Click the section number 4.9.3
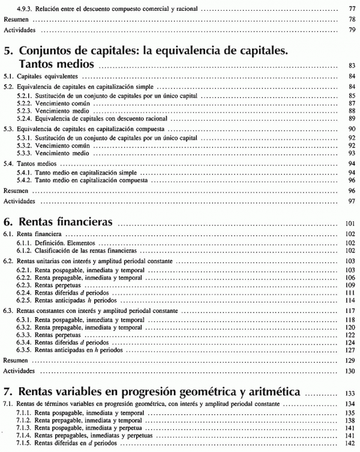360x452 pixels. (x=26, y=10)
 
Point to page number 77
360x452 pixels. (x=352, y=10)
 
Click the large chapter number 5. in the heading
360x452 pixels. (x=9, y=51)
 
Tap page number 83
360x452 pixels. (x=352, y=65)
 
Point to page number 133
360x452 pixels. (x=350, y=393)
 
